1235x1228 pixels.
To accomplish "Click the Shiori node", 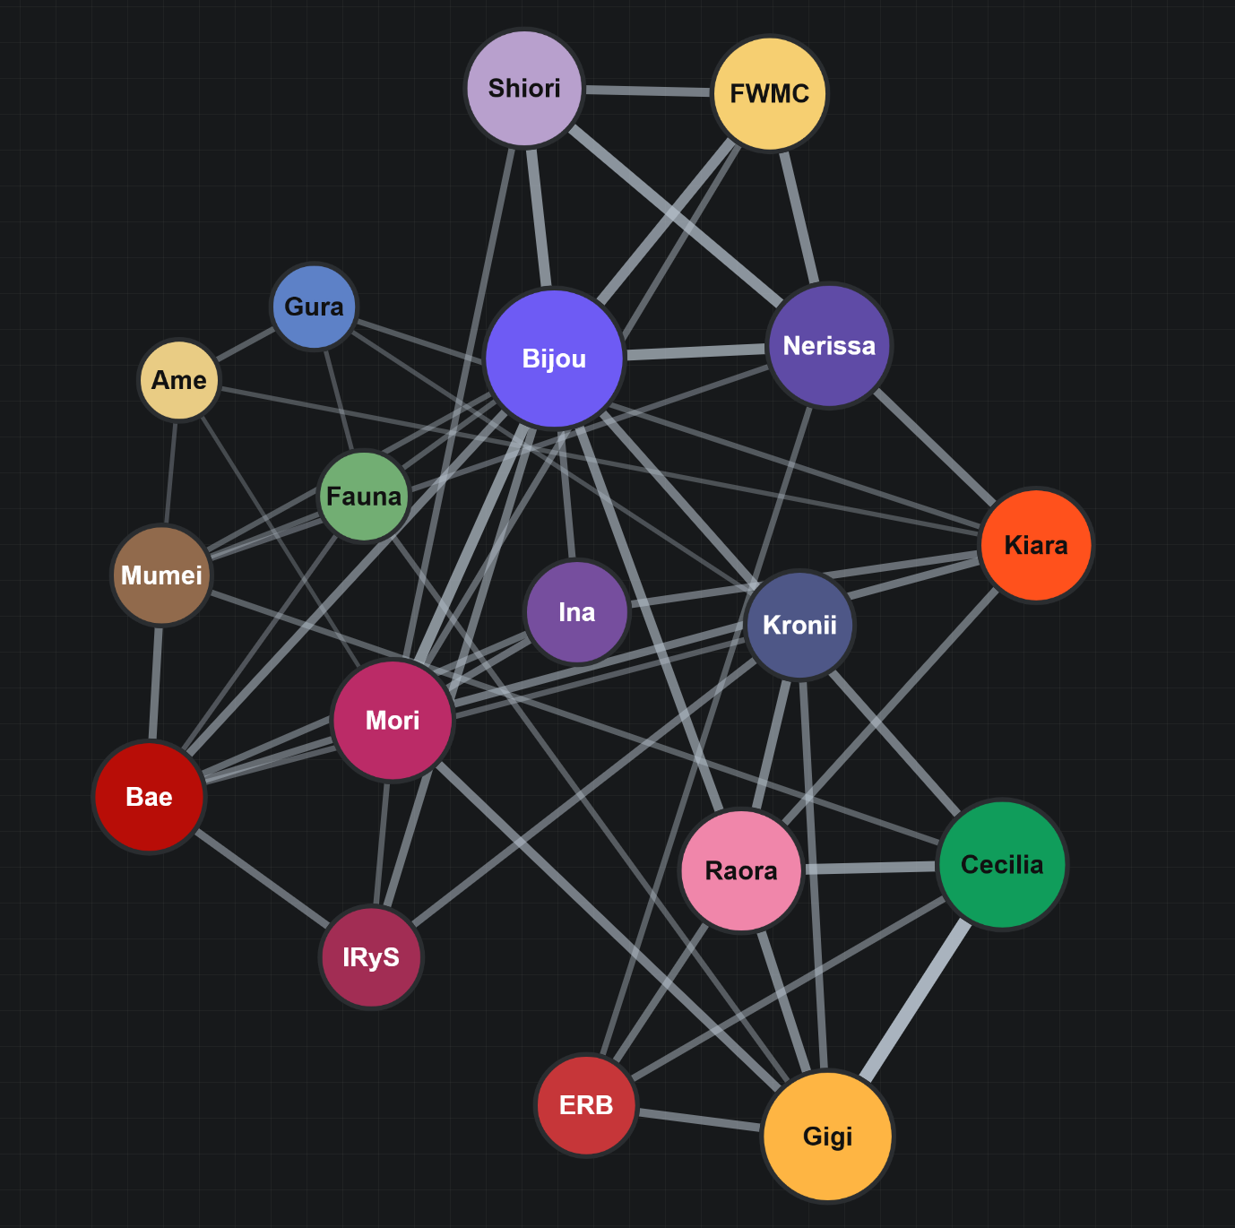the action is (524, 89).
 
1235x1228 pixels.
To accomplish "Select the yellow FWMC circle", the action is (770, 93).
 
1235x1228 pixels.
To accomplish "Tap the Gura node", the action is (314, 307).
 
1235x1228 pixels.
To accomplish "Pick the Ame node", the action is (179, 380).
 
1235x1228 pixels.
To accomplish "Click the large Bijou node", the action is (555, 359).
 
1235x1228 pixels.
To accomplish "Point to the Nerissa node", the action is (829, 346).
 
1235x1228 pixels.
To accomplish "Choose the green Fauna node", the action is (364, 496).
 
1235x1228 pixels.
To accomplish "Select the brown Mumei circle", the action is (161, 575).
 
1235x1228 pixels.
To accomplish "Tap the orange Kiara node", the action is (1036, 545).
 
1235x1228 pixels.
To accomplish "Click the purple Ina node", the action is (577, 611).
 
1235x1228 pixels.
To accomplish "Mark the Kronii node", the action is (799, 625).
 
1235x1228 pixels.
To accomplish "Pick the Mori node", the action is (393, 721).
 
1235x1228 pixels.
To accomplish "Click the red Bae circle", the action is (150, 797).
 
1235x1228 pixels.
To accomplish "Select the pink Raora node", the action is (741, 871).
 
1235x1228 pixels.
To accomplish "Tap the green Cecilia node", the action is (1002, 864).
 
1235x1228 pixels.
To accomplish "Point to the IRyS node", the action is (371, 956).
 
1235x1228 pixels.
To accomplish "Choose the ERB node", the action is (586, 1105).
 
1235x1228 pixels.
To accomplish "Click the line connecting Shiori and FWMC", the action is (648, 91).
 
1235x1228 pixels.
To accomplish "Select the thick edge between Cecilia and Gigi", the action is (914, 999).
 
